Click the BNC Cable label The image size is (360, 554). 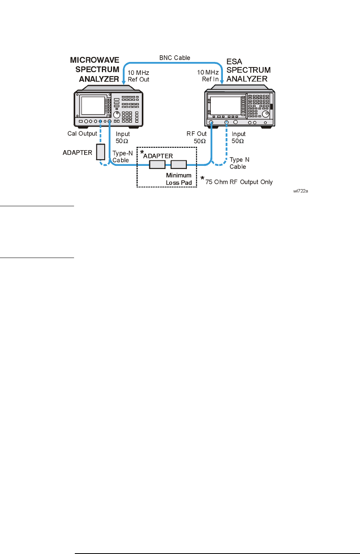175,58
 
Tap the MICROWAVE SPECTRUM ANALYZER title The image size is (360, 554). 95,69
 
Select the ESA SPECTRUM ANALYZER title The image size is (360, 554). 248,70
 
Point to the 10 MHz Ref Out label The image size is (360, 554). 138,76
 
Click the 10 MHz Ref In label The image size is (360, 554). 208,76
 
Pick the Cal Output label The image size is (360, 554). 82,133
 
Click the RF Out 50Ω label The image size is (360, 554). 197,137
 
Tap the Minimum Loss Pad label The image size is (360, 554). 179,179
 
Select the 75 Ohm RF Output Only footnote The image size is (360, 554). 239,182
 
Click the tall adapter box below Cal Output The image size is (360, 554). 101,152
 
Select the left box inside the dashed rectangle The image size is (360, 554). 157,165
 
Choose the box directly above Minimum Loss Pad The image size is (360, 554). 179,165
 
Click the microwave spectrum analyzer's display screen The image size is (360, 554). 93,105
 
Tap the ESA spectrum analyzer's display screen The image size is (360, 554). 226,106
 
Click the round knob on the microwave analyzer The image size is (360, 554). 117,114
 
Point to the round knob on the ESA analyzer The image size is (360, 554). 266,114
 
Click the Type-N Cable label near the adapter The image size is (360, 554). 122,157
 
